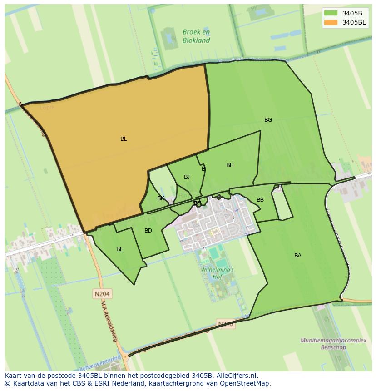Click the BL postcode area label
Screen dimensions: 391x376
point(124,139)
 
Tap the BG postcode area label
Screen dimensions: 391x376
point(268,120)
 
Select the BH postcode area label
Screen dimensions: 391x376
point(230,165)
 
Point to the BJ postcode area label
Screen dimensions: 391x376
point(187,177)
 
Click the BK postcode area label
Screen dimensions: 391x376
point(161,198)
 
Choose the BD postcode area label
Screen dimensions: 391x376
point(148,231)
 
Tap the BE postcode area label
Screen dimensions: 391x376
point(119,249)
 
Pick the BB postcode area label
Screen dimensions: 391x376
point(260,200)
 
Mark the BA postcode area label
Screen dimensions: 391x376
point(298,256)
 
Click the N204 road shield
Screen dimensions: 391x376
point(103,294)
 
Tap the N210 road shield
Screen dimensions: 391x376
point(226,324)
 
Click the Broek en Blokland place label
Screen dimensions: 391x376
point(196,36)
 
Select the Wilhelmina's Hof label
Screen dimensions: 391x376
point(217,273)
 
